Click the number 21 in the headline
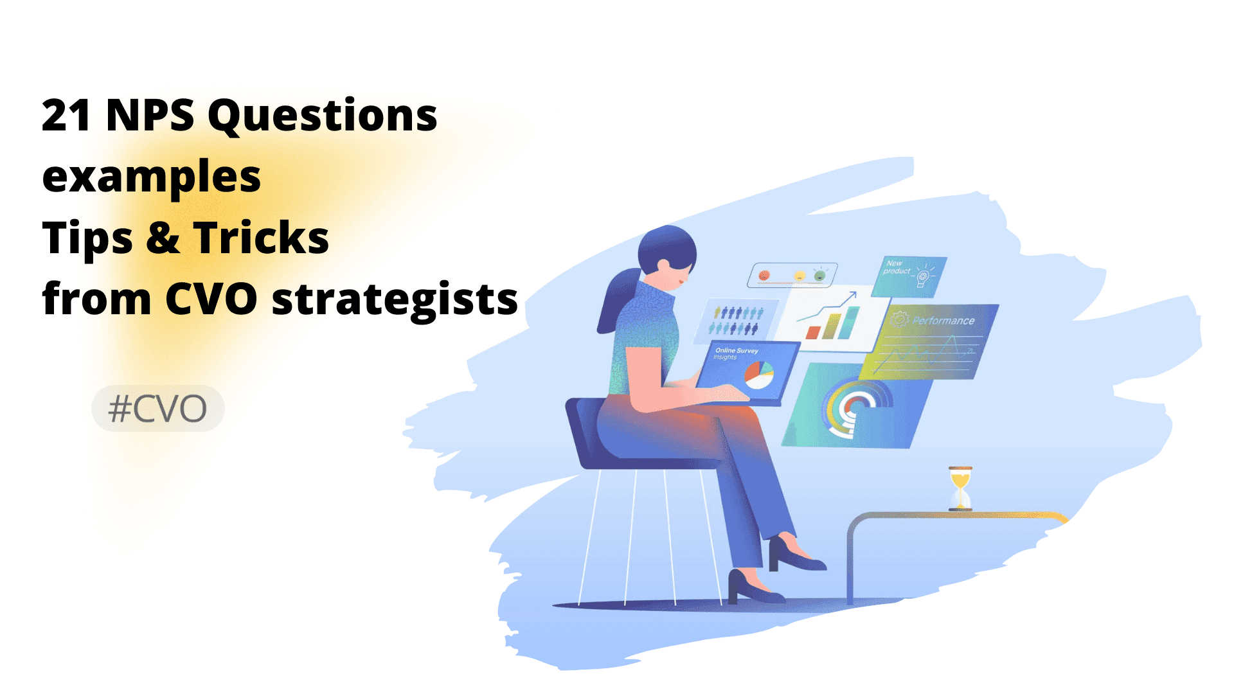66,116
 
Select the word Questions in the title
322,117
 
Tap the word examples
151,177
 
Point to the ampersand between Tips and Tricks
163,238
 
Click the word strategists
395,300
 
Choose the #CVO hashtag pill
158,409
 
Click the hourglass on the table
960,488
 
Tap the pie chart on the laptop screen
759,375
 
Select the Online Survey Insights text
735,353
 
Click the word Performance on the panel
943,321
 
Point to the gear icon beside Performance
899,319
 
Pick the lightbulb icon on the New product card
923,275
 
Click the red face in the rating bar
764,276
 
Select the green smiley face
819,276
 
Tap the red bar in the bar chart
813,332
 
